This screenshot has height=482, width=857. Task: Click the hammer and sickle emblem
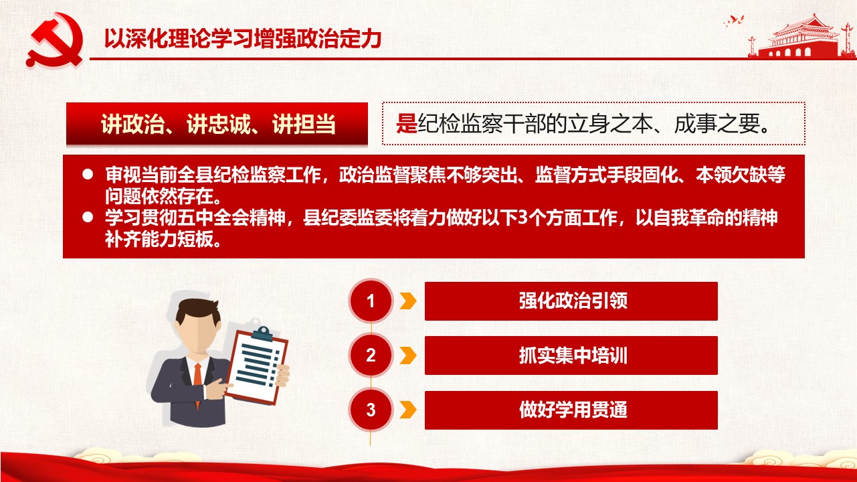[x=54, y=39]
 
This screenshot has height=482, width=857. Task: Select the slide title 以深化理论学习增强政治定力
[x=243, y=38]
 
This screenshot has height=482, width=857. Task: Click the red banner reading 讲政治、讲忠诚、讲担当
[x=217, y=124]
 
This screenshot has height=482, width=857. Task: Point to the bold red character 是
[x=406, y=124]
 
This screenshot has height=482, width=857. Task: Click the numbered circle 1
[x=371, y=301]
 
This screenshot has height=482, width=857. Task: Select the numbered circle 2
[x=371, y=355]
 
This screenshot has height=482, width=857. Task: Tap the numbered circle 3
[x=371, y=410]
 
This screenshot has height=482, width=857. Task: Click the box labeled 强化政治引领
[x=571, y=301]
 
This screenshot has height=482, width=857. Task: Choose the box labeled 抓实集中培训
[x=571, y=355]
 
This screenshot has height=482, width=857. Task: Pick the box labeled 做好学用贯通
[x=571, y=410]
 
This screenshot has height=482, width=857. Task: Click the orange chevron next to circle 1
[x=408, y=301]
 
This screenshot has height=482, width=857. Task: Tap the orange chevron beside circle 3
[x=408, y=410]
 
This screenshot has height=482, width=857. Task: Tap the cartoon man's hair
[x=198, y=311]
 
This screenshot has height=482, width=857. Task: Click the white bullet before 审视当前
[x=88, y=174]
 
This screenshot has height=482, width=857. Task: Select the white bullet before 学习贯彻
[x=88, y=218]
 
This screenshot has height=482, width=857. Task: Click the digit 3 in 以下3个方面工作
[x=522, y=218]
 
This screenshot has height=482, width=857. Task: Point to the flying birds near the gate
[x=734, y=21]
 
